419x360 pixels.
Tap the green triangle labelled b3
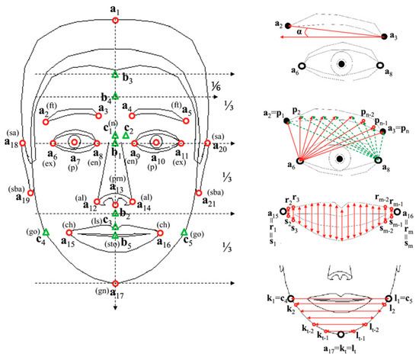pyautogui.click(x=114, y=74)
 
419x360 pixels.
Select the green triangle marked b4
pyautogui.click(x=114, y=95)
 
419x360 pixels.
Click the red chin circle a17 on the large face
pyautogui.click(x=114, y=283)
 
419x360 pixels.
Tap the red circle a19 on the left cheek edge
pyautogui.click(x=31, y=192)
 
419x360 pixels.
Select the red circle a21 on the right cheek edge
pyautogui.click(x=198, y=192)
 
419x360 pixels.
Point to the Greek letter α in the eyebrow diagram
pyautogui.click(x=301, y=33)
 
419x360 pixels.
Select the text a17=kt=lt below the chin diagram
pyautogui.click(x=341, y=350)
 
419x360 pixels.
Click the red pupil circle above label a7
pyautogui.click(x=75, y=142)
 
